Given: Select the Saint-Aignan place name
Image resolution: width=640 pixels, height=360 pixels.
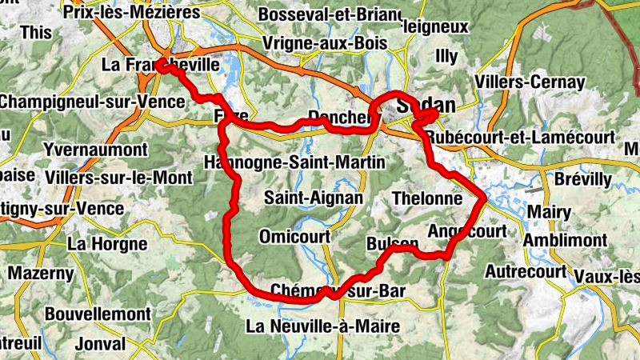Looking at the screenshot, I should [x=314, y=197].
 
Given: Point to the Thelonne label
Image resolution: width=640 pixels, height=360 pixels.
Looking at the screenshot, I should [x=428, y=198].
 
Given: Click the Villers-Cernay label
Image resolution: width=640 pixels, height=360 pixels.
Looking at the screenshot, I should [x=530, y=82].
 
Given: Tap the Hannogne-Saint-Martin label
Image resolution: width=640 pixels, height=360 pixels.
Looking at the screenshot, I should [x=295, y=162].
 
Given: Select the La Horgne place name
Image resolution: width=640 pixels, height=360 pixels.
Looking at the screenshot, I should [x=107, y=243].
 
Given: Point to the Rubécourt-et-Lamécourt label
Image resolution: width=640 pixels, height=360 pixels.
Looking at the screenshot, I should [x=521, y=137].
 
